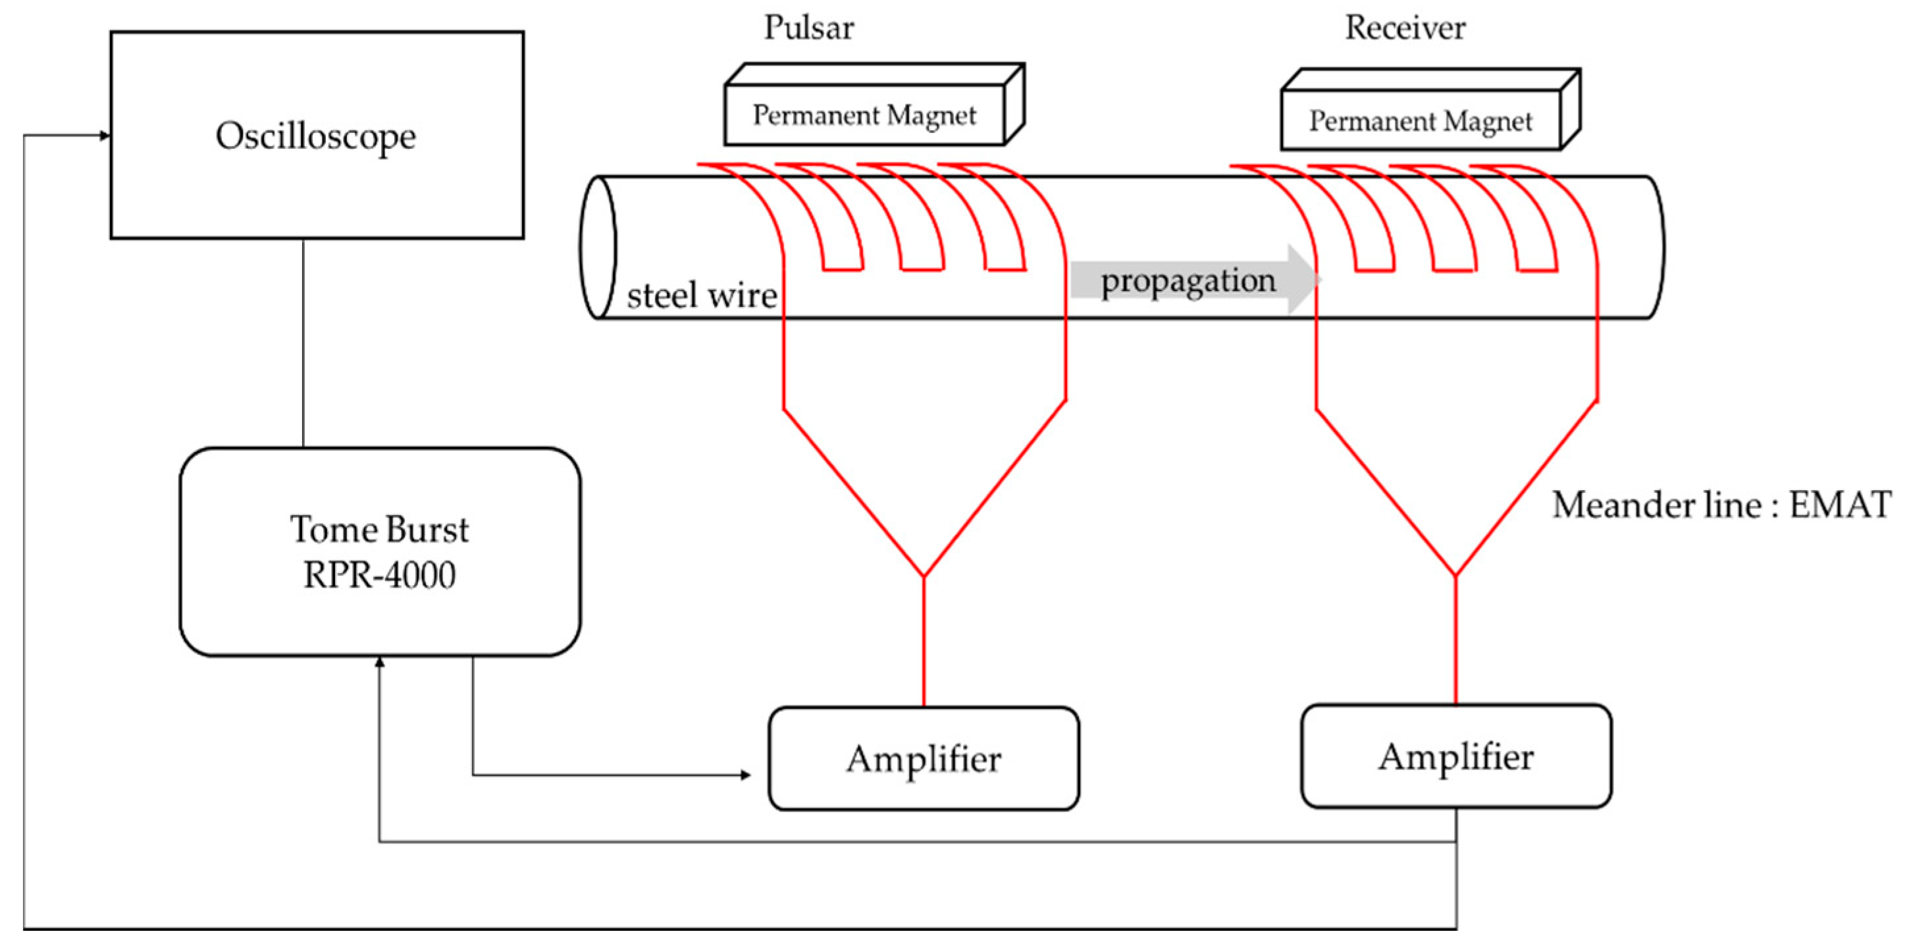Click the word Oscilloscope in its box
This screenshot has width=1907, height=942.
[316, 136]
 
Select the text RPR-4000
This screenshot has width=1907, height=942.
[379, 574]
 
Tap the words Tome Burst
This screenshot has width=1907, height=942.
[379, 530]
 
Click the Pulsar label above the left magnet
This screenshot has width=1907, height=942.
[808, 28]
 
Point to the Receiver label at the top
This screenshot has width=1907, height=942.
[1404, 28]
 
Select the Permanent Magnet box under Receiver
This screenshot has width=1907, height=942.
[1420, 121]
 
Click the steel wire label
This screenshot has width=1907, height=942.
[701, 296]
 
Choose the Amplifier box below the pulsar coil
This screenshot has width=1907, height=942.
[923, 758]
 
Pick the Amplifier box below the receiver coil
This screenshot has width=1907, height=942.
[1455, 756]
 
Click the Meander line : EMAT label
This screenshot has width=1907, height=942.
[1721, 505]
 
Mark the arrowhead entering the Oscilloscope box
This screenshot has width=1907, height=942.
[105, 136]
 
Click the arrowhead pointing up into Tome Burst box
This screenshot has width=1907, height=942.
[379, 662]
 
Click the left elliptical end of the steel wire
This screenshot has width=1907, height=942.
[598, 247]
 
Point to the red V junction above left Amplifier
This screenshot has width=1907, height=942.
[923, 574]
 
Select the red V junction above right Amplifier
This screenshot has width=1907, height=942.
[1455, 574]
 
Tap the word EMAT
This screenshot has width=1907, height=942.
[1839, 505]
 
